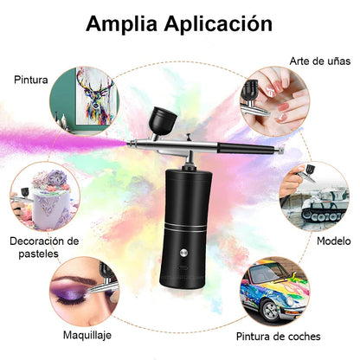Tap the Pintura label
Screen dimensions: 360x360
coord(30,80)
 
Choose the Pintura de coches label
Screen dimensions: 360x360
coord(289,335)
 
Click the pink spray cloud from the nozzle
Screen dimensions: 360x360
coord(74,140)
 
